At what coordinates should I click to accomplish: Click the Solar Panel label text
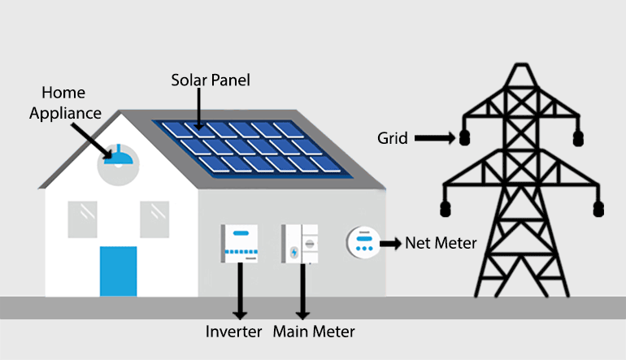(x=211, y=80)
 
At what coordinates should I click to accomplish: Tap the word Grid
(x=393, y=138)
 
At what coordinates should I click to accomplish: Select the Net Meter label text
(x=441, y=243)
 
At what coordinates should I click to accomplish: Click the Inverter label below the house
(x=233, y=332)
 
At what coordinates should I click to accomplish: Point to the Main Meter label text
(x=314, y=332)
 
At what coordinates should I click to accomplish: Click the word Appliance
(x=66, y=114)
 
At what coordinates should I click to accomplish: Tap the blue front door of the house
(x=118, y=271)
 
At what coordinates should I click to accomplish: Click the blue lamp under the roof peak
(x=118, y=156)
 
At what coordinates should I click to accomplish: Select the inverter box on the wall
(x=239, y=244)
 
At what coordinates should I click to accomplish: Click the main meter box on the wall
(x=300, y=244)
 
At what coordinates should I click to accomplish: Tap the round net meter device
(x=363, y=242)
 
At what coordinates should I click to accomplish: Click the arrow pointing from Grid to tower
(x=435, y=138)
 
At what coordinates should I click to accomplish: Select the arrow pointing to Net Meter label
(x=390, y=243)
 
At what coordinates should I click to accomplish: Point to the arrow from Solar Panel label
(x=199, y=109)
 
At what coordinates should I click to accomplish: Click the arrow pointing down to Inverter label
(x=240, y=291)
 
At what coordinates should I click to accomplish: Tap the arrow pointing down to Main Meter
(x=302, y=292)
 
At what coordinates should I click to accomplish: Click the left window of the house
(x=82, y=219)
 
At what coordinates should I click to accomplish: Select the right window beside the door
(x=154, y=219)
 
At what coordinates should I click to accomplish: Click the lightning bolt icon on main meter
(x=294, y=252)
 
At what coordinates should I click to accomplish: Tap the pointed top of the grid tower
(x=521, y=65)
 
